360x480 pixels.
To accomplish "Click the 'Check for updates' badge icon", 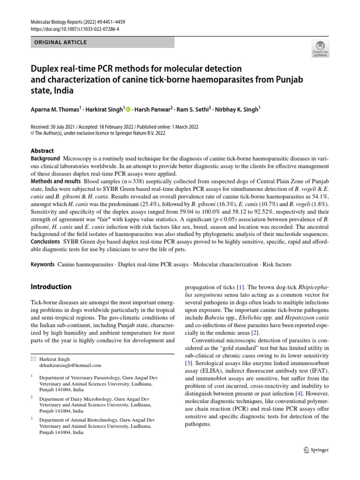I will pyautogui.click(x=320, y=48).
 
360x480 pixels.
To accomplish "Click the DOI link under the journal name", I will pyautogui.click(x=75, y=29).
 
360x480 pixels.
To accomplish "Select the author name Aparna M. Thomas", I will pyautogui.click(x=55, y=109).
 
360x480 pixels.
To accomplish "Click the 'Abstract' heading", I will pyautogui.click(x=42, y=151).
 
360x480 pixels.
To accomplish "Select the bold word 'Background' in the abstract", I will pyautogui.click(x=45, y=158).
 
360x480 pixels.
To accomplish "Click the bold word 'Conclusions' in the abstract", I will pyautogui.click(x=46, y=241).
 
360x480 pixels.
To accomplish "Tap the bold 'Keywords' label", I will pyautogui.click(x=43, y=264).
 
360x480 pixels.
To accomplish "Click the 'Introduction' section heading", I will pyautogui.click(x=51, y=286).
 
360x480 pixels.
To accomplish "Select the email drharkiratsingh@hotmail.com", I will pyautogui.click(x=70, y=365).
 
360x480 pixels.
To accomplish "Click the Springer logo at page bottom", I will pyautogui.click(x=317, y=450).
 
